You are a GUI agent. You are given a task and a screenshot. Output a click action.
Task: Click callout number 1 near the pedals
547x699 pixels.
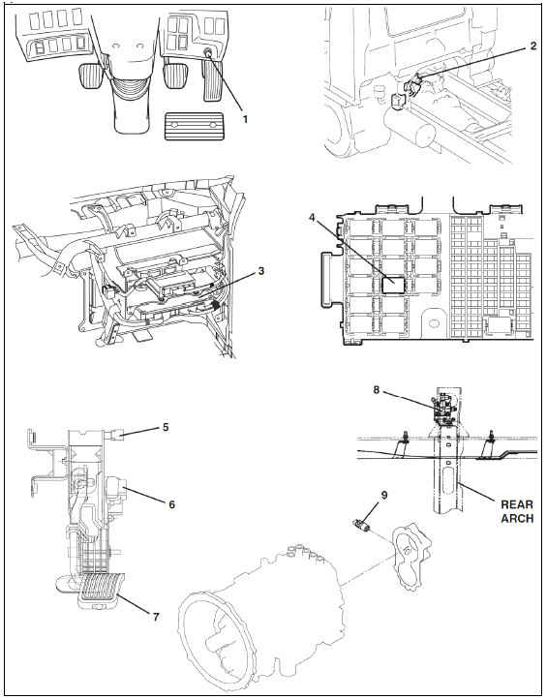pos(245,119)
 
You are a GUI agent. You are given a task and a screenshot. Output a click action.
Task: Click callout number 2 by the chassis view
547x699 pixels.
pos(533,46)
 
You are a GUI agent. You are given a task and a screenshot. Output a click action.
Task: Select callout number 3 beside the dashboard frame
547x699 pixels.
pos(260,270)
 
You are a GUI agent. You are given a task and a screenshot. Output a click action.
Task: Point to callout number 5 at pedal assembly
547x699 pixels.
pos(166,427)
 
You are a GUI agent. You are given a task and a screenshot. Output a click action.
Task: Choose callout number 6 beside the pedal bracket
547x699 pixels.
pos(171,504)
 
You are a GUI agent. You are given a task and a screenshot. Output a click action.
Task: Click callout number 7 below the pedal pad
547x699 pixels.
pos(156,617)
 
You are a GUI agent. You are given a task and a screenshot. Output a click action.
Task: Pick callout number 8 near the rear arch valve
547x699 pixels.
pos(377,390)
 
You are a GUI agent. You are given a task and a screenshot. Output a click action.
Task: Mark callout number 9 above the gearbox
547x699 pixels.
pos(383,495)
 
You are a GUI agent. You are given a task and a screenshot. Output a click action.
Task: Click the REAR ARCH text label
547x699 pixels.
pos(517,511)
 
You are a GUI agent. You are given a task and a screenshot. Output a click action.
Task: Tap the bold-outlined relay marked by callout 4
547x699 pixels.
pos(394,284)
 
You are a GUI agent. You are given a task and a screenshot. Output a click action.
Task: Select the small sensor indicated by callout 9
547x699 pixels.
pos(362,525)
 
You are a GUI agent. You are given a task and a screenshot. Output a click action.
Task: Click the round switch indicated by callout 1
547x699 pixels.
pos(208,52)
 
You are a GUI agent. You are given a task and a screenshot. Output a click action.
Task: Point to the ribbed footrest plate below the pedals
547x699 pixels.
pos(194,126)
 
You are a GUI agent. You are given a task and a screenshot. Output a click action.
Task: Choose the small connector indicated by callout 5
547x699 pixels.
pos(115,434)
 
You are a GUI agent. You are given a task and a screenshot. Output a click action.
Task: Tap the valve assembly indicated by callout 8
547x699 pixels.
pos(443,406)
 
